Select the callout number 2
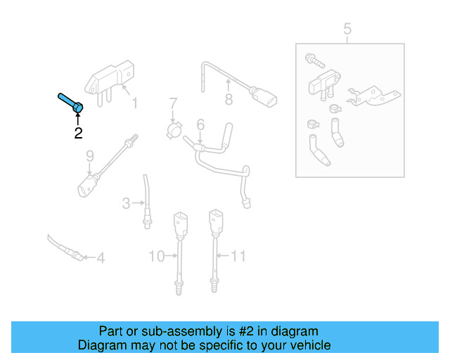coord(78,132)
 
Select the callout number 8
coord(229,100)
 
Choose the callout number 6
coord(200,124)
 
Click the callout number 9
coord(89,155)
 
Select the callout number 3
coord(127,204)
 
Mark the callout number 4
coord(100,258)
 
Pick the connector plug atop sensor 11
coord(214,220)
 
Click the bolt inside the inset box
coord(311,59)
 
